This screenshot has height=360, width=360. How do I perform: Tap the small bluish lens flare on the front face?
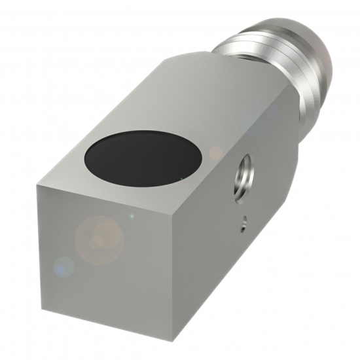point(64,266)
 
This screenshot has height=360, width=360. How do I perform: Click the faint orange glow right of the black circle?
point(216,154)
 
